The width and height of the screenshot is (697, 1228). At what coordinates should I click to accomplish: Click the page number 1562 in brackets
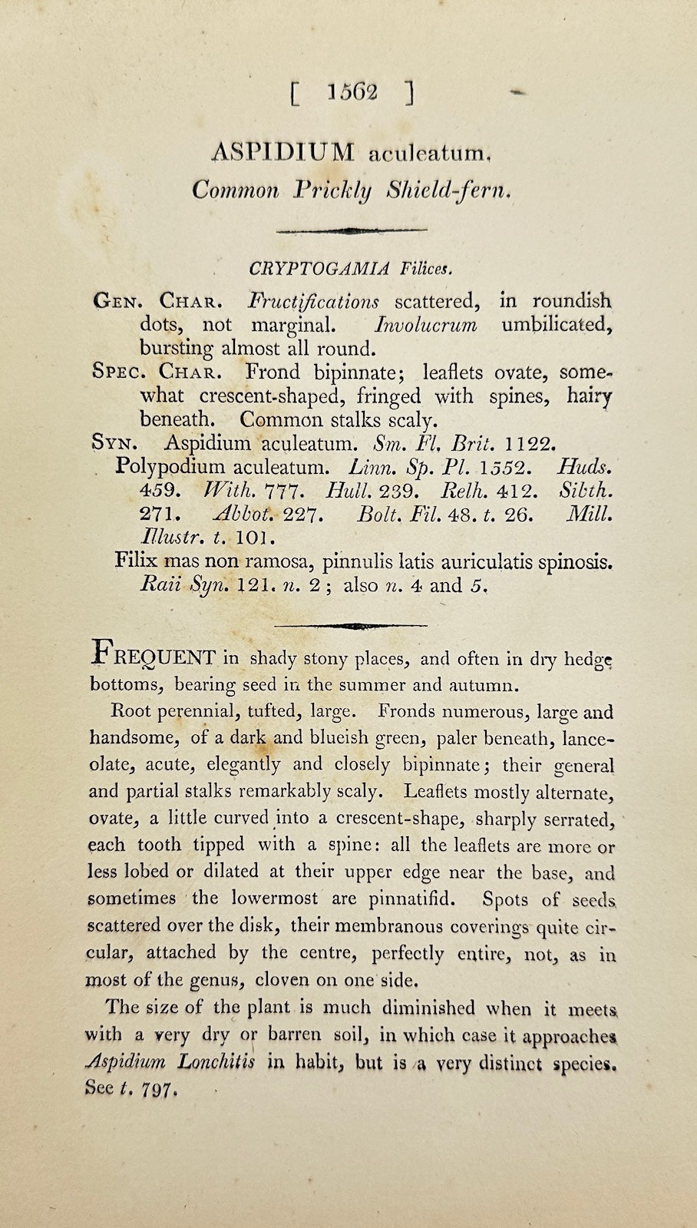[x=352, y=93]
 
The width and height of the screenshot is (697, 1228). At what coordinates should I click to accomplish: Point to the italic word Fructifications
[x=312, y=301]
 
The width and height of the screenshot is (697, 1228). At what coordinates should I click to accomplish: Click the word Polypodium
[x=170, y=466]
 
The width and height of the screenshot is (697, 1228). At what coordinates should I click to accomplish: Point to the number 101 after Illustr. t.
[x=252, y=537]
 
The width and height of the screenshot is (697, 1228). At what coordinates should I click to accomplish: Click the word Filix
[x=136, y=561]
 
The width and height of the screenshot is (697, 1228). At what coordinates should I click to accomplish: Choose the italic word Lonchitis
[x=216, y=1063]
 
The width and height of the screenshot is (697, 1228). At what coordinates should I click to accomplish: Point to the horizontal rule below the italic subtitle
[x=351, y=230]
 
